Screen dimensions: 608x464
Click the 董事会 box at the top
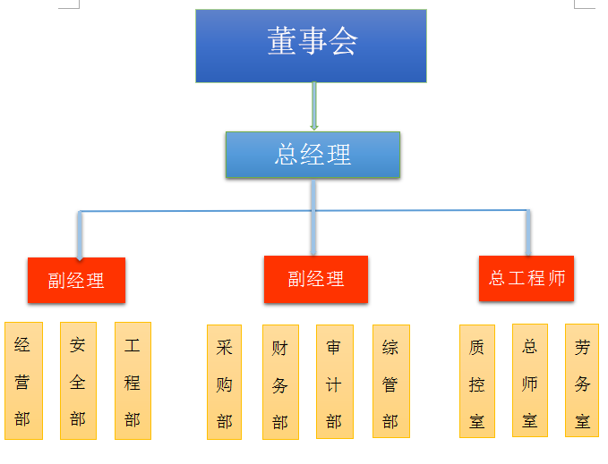tap(311, 46)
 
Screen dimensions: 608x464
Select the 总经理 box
tap(313, 155)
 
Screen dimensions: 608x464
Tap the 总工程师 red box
tap(527, 278)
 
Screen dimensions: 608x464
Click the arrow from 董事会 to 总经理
tap(314, 105)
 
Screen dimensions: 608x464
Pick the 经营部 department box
tap(23, 381)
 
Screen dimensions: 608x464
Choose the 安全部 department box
tap(78, 381)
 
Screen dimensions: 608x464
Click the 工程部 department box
tap(133, 381)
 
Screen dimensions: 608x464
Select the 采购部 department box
tap(225, 383)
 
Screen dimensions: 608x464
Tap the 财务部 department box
tap(281, 383)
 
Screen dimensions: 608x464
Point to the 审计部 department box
tap(335, 382)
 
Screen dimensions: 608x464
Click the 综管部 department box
tap(391, 382)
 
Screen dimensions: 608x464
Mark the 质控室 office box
tap(477, 382)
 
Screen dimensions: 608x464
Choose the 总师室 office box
tap(530, 381)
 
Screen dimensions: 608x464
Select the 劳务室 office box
tap(582, 381)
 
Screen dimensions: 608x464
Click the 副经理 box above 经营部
tap(76, 280)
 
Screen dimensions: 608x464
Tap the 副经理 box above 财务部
tap(316, 279)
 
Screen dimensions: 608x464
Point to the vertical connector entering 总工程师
tap(528, 232)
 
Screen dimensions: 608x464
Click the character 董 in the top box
tap(282, 40)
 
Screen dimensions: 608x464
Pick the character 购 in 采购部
tap(225, 384)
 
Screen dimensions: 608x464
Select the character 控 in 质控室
tap(477, 384)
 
